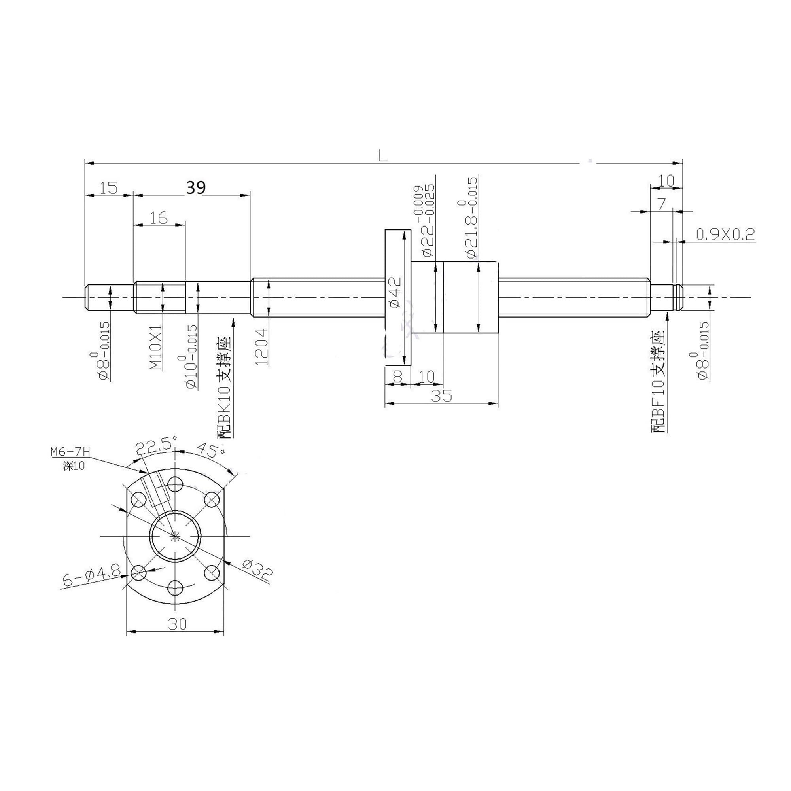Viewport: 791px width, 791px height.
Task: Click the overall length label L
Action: point(383,156)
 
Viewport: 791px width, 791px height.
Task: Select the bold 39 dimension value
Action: point(196,188)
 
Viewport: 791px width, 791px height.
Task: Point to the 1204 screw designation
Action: point(261,347)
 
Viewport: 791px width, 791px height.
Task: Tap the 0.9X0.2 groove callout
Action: point(725,234)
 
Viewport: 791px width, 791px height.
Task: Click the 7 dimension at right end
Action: point(662,203)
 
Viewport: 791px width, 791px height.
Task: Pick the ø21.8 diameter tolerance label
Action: point(471,217)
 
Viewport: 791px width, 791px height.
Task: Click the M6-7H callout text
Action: point(70,452)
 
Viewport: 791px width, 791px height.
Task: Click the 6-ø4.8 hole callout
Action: point(91,578)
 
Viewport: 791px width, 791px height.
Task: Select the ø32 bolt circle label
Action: point(256,570)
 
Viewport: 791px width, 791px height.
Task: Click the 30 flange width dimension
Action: point(177,624)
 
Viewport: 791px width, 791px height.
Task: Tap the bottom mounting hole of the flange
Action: point(176,587)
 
